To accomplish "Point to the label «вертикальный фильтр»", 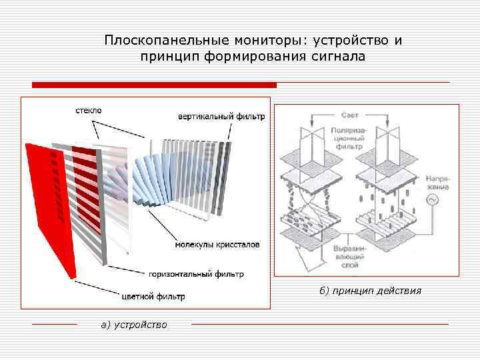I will (x=221, y=116).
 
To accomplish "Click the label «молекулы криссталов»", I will (x=217, y=245).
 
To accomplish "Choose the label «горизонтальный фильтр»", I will (x=196, y=273).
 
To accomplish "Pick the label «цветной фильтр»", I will (x=153, y=296).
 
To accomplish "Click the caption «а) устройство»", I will (x=134, y=325).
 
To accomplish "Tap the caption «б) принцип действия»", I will (x=370, y=291).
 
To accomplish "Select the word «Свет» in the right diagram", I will (x=349, y=115).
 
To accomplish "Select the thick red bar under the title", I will (x=155, y=85).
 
